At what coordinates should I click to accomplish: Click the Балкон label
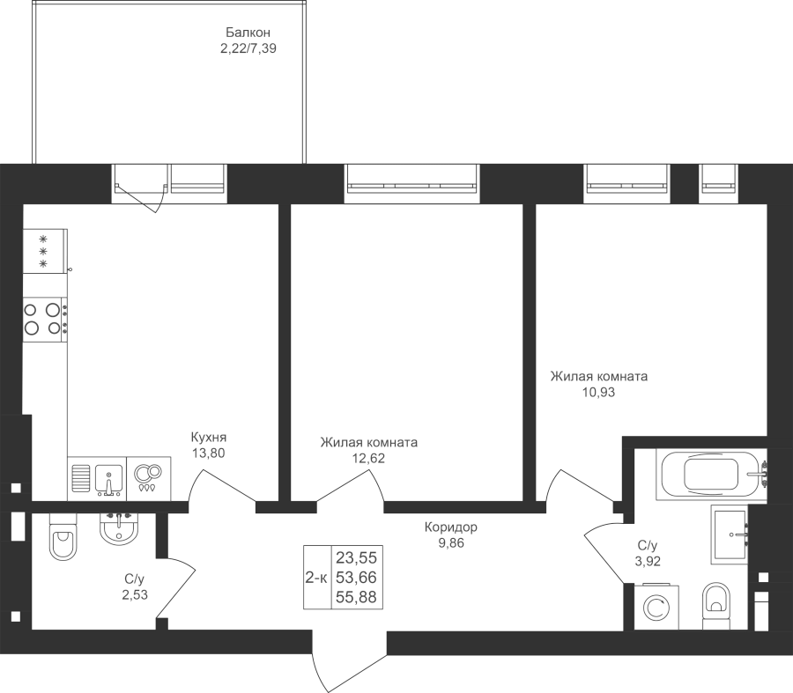(248, 33)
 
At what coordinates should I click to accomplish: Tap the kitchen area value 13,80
(208, 453)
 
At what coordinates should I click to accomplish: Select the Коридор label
(450, 527)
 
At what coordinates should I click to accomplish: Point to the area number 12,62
(368, 459)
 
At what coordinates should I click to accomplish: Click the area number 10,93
(599, 392)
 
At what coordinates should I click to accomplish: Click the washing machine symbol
(656, 607)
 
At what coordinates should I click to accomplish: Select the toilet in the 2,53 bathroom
(63, 537)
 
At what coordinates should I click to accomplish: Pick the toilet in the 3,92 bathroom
(716, 606)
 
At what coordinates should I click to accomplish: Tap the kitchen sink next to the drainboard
(108, 479)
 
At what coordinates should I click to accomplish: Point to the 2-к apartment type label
(316, 578)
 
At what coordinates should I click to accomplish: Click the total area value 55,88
(357, 598)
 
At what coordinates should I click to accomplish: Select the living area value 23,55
(357, 558)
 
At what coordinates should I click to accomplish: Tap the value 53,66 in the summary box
(357, 578)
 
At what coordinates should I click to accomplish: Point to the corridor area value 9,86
(450, 543)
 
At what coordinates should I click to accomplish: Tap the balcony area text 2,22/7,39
(248, 49)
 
